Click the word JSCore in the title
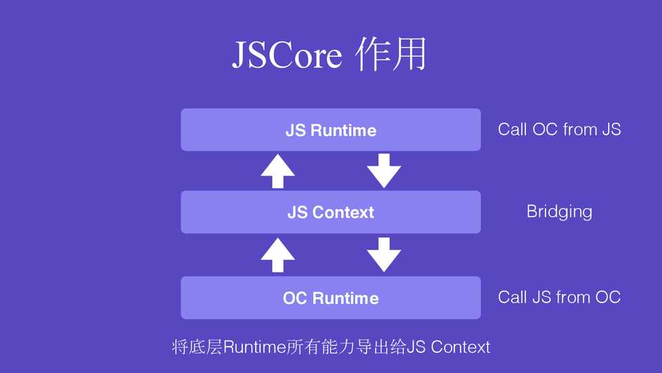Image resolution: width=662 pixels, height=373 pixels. [286, 55]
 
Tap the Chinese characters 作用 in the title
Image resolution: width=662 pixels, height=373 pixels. [390, 55]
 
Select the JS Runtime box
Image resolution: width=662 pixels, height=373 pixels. [330, 130]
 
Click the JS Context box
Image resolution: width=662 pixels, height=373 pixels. [330, 212]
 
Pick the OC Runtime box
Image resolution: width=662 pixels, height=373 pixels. [330, 298]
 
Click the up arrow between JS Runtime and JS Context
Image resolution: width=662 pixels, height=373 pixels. [277, 171]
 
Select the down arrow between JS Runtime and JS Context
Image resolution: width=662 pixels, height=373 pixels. [383, 171]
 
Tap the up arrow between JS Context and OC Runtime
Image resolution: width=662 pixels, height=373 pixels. [277, 255]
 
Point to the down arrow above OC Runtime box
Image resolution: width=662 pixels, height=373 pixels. [383, 255]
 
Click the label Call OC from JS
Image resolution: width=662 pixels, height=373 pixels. [559, 129]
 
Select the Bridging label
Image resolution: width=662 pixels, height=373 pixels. [559, 211]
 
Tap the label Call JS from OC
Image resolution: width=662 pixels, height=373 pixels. [559, 297]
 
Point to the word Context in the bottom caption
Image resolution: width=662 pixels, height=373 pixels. [460, 347]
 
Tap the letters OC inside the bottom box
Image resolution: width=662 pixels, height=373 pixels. [294, 298]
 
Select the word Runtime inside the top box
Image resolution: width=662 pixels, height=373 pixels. [343, 131]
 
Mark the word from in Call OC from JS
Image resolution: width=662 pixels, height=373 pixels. [579, 129]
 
